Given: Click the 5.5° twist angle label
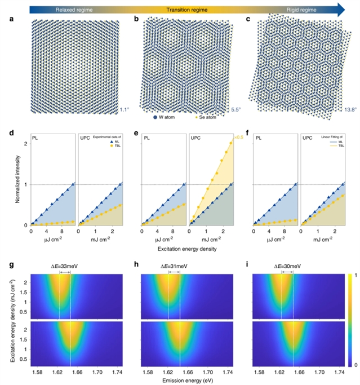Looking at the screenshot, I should click(237, 110).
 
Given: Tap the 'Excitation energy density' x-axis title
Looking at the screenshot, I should click(179, 247).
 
